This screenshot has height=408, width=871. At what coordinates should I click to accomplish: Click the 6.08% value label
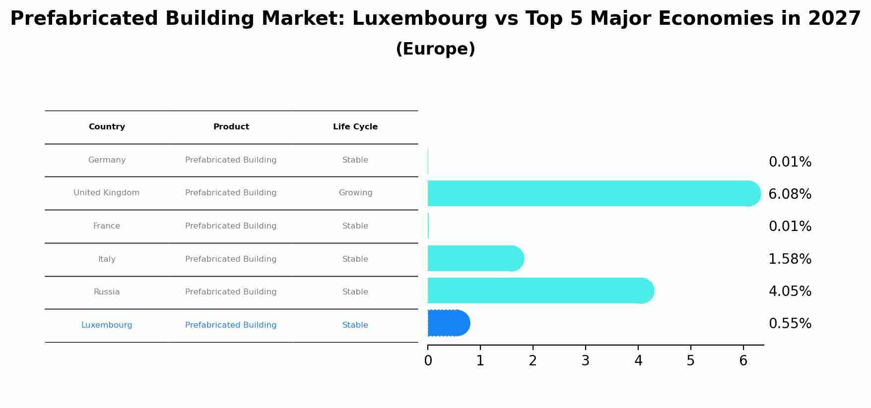coord(790,194)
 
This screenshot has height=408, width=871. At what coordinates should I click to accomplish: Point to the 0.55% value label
coord(790,324)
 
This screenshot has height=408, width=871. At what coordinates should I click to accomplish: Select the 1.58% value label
coord(790,259)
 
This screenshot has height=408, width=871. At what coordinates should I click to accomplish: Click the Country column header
coord(107,127)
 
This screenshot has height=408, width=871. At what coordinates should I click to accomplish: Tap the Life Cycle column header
coord(355,127)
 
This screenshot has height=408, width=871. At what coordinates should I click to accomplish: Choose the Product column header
coord(231,127)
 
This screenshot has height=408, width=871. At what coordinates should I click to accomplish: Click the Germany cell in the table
coord(107,160)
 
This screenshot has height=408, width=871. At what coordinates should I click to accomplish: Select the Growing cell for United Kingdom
coord(355,193)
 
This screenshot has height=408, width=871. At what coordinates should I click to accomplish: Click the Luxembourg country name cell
coord(107,325)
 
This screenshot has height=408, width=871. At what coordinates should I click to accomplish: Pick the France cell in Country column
coord(107,226)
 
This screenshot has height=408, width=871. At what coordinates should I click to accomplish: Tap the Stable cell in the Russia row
coord(355,292)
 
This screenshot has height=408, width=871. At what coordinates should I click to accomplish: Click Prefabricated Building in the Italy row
coord(231,259)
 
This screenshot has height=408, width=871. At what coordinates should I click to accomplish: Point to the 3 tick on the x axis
coord(586,360)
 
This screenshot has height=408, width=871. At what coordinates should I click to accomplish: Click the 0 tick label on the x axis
coord(428,361)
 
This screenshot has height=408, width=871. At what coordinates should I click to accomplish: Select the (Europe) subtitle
coord(435,49)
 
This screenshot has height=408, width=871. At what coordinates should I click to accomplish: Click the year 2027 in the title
coord(834,19)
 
